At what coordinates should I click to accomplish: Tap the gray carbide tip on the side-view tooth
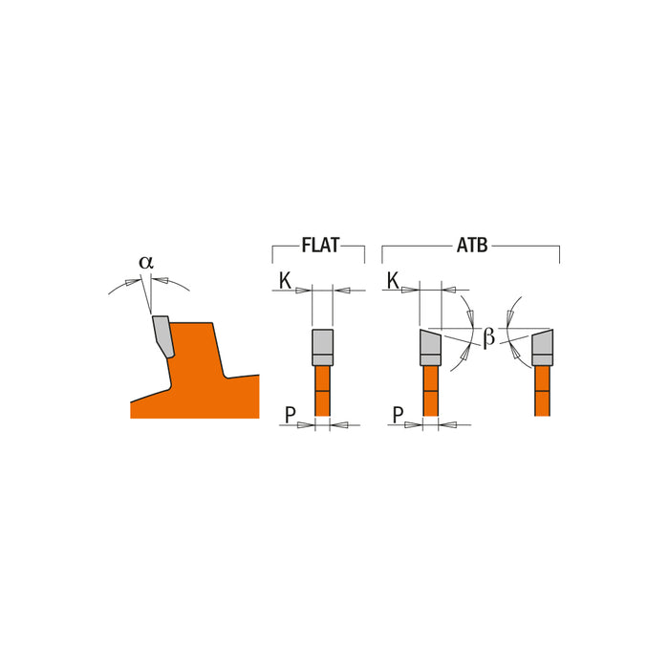(x=162, y=335)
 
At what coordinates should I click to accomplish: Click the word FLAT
(x=319, y=246)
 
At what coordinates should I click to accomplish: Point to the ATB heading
(x=471, y=246)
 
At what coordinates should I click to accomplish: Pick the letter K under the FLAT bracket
(x=285, y=280)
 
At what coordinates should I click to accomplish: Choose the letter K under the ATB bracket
(x=393, y=280)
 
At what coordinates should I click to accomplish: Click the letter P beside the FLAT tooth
(x=290, y=415)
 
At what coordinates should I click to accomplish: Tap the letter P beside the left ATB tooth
(x=398, y=415)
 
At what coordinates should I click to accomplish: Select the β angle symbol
(x=488, y=337)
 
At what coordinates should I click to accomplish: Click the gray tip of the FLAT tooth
(x=322, y=347)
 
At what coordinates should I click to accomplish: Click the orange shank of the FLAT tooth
(x=322, y=391)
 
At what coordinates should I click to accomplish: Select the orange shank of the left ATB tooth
(x=430, y=391)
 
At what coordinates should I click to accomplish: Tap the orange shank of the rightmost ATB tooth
(x=542, y=391)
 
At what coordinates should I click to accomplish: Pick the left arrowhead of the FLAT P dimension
(x=307, y=425)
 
